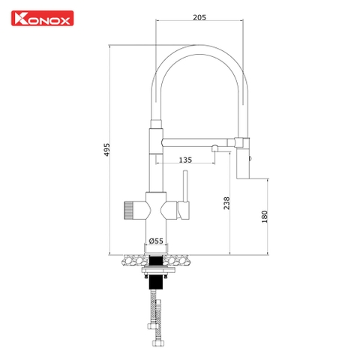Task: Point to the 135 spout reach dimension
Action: [184, 159]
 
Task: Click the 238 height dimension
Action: [227, 202]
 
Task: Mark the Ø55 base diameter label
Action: [157, 240]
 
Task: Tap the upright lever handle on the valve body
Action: [181, 188]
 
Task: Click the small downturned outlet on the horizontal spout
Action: [214, 151]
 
